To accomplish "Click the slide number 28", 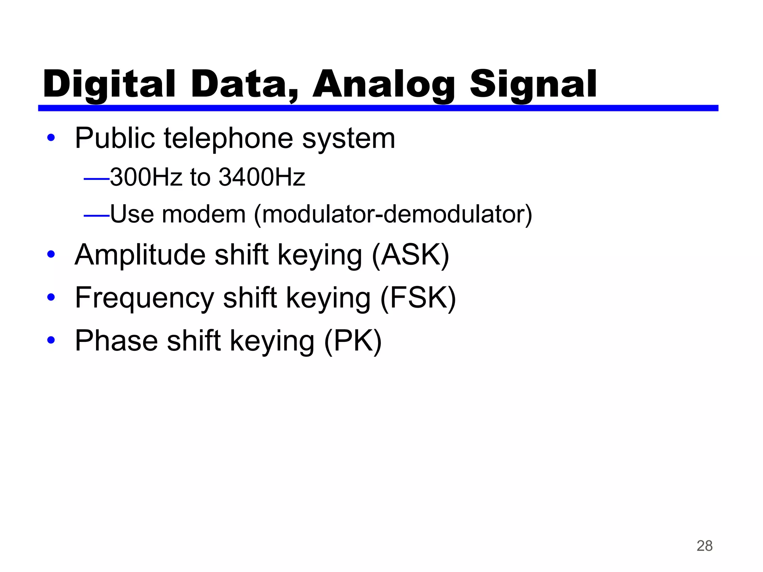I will [705, 546].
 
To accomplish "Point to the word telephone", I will [228, 138].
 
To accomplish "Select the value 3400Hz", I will [262, 177].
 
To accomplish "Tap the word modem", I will [203, 214].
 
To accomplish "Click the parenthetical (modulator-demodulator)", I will [393, 215].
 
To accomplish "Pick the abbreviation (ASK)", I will [411, 255].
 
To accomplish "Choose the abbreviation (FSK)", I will [418, 298].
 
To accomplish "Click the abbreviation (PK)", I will [353, 341].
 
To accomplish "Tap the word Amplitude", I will [140, 255].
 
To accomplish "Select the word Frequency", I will [144, 298].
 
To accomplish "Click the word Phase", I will [116, 340].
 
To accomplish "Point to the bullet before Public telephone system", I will [51, 138].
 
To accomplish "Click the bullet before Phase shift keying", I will [51, 340].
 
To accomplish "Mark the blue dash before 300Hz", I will [96, 179].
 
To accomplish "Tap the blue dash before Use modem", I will [96, 216].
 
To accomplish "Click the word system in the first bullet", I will [348, 139].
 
